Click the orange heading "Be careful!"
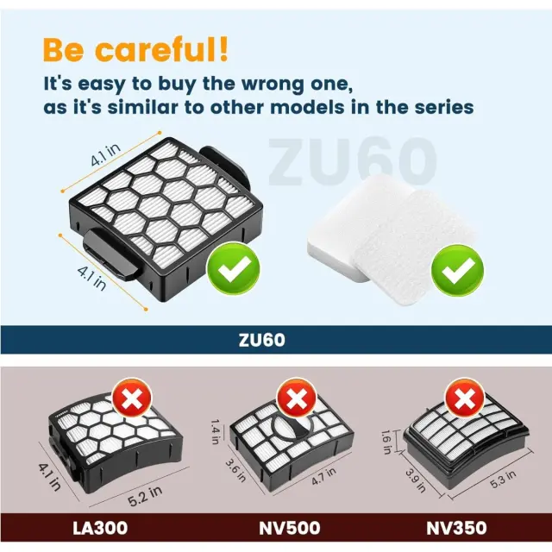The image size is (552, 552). click(x=135, y=50)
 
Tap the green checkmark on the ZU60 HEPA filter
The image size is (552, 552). click(x=234, y=268)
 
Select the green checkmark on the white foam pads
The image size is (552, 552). click(x=457, y=270)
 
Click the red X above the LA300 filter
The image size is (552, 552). click(x=132, y=398)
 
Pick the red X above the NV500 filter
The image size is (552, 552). click(x=297, y=398)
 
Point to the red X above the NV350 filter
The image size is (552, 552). click(x=465, y=398)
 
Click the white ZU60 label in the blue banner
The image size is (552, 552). click(x=262, y=340)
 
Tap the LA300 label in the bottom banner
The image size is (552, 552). click(x=100, y=528)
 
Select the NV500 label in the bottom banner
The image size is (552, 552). click(x=290, y=528)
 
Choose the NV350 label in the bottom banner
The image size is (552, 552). click(x=456, y=528)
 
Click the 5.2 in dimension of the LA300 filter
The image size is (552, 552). click(x=145, y=496)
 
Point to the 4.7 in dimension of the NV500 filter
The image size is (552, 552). click(x=323, y=476)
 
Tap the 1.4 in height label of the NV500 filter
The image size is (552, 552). click(x=216, y=431)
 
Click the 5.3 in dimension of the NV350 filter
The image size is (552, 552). click(x=503, y=480)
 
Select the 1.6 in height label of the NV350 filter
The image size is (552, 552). click(x=386, y=442)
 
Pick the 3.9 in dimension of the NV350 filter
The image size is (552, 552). click(x=416, y=480)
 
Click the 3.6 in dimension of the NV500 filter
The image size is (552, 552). click(x=235, y=469)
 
